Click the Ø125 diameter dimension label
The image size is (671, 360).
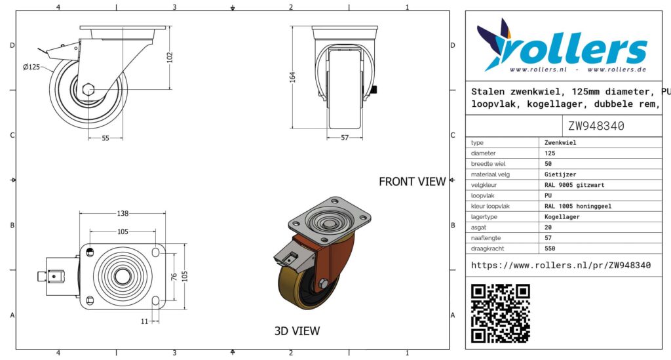(x=31, y=67)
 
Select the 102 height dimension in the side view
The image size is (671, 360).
(x=170, y=57)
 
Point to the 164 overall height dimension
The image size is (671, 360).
(x=292, y=77)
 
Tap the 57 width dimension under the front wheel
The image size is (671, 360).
(x=345, y=138)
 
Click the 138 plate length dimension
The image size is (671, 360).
(x=123, y=213)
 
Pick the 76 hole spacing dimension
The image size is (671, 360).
(x=174, y=277)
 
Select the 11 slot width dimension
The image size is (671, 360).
(x=145, y=321)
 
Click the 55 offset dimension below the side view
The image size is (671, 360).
(x=105, y=138)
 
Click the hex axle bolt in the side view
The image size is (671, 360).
(x=88, y=89)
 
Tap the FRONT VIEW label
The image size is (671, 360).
(x=412, y=182)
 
